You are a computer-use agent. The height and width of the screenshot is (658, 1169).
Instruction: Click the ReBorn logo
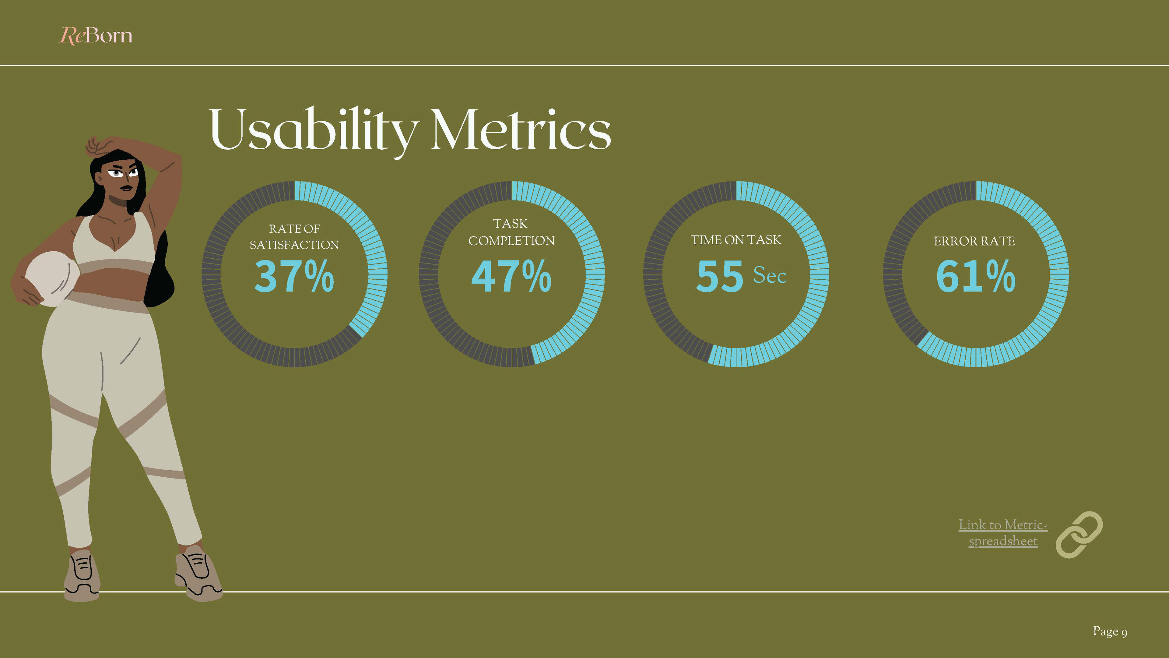(96, 35)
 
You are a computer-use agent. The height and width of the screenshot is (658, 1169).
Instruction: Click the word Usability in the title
(312, 130)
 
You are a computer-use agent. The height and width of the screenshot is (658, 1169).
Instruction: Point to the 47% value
(511, 276)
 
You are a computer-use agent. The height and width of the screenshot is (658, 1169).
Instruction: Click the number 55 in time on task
(720, 276)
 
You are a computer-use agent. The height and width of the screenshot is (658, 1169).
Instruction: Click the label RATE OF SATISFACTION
(294, 237)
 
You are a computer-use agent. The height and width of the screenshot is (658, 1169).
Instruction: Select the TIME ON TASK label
(735, 240)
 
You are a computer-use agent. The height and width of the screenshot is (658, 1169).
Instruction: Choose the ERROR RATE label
(974, 241)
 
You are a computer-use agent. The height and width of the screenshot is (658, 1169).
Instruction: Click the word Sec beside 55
(770, 275)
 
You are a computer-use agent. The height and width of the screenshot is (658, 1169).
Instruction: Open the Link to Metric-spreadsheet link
(1003, 533)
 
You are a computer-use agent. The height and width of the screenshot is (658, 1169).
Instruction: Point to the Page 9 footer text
(1110, 631)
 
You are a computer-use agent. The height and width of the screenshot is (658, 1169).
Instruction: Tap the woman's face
(122, 179)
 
